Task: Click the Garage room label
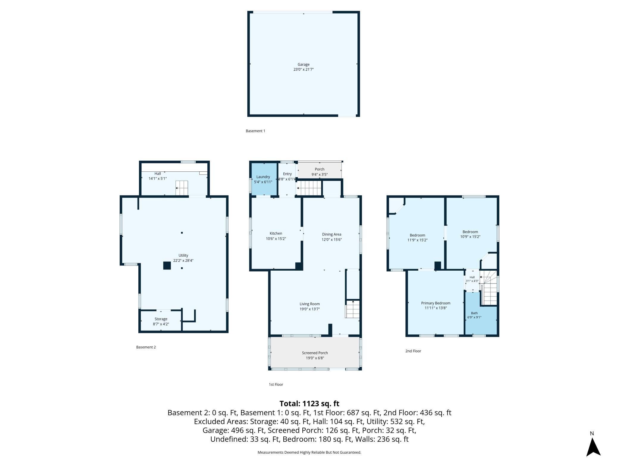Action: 304,64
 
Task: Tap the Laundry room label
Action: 263,177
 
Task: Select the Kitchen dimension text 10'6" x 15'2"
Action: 276,239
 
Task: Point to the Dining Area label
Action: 332,234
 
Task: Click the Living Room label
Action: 309,304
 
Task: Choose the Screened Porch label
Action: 315,353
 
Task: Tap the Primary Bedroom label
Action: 436,303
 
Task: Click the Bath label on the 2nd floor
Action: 474,313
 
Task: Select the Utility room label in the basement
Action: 183,255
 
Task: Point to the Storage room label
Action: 161,319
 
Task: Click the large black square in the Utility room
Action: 167,266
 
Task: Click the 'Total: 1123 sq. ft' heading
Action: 309,404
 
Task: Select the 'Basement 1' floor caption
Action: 255,131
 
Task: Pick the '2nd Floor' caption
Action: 413,351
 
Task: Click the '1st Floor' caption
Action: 276,385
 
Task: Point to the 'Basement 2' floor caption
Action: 146,347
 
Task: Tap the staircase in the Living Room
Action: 353,309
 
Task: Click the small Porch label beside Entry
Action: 320,169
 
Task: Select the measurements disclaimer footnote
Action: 309,452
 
